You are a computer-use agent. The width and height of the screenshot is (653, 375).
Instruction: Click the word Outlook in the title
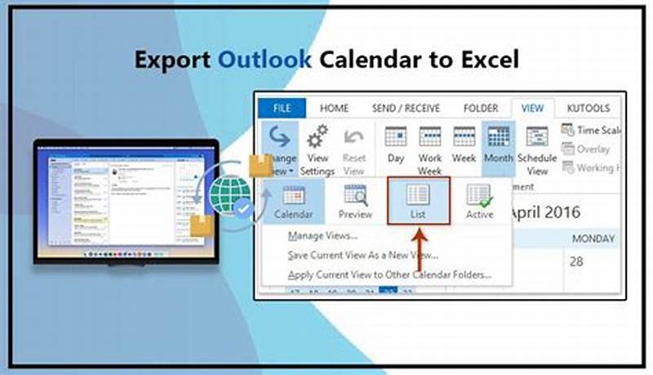click(x=264, y=60)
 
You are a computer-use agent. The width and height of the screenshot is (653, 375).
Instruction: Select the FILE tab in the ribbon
click(x=281, y=108)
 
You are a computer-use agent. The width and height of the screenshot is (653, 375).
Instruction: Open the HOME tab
click(x=334, y=108)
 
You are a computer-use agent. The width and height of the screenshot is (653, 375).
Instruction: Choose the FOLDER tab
click(x=480, y=108)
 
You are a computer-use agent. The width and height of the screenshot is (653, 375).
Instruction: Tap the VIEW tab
click(x=532, y=108)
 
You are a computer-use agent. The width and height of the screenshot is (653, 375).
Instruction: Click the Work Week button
click(x=430, y=147)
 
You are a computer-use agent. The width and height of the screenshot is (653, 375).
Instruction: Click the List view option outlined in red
click(x=418, y=201)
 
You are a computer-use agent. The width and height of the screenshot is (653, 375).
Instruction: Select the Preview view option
click(x=355, y=201)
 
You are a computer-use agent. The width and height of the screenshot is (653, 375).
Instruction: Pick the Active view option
click(x=479, y=201)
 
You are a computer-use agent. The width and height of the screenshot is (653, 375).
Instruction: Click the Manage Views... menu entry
click(x=323, y=236)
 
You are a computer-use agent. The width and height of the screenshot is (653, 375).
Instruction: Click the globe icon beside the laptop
click(x=229, y=194)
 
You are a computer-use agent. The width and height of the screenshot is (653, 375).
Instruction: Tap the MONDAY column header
click(x=593, y=239)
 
